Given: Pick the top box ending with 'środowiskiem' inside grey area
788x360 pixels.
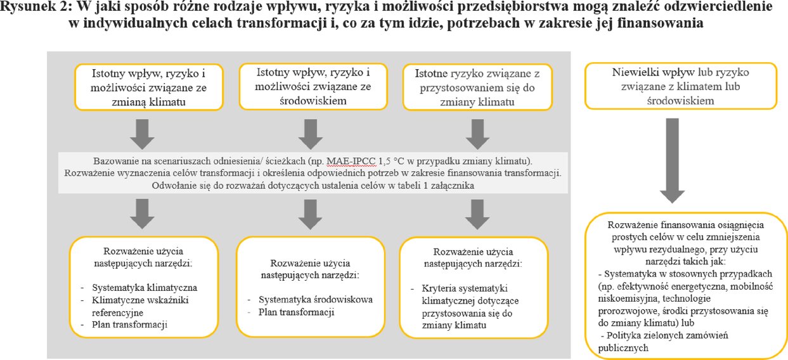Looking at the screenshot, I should pos(306,86).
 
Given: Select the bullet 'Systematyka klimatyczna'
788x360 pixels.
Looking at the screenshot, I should pos(145,286).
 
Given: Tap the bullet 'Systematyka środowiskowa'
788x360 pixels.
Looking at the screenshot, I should pos(316,299).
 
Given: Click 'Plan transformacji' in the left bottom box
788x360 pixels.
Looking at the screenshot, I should pos(130,325).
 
